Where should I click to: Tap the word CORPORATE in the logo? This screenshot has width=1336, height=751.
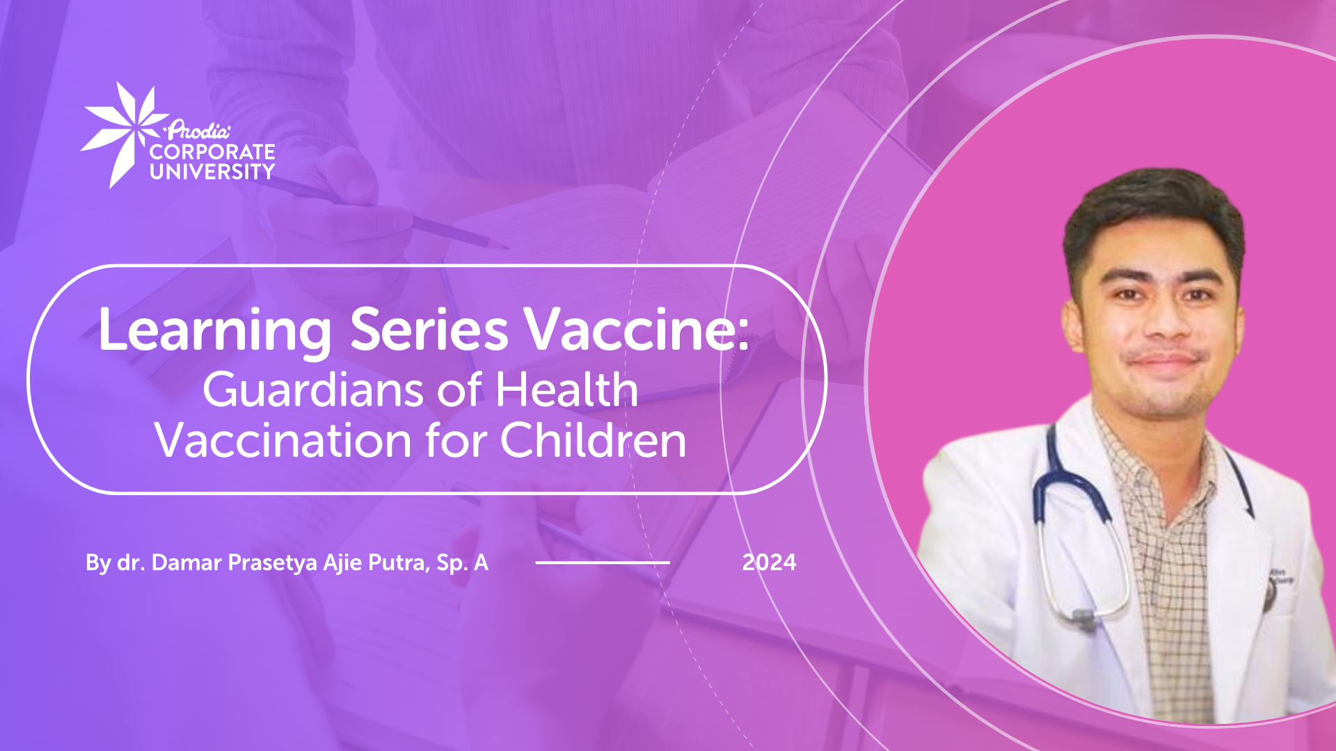coord(212,152)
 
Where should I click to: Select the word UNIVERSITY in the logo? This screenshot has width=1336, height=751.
coord(212,172)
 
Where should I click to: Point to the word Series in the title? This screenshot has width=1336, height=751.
coord(429,330)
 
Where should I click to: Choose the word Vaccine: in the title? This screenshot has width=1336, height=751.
coord(637,330)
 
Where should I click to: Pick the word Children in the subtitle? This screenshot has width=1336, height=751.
coord(593,440)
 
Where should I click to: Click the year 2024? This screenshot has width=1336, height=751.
coord(769,563)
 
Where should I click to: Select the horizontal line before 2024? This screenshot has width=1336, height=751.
coord(603,563)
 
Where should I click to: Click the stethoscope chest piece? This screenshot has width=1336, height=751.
coord(1082,617)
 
